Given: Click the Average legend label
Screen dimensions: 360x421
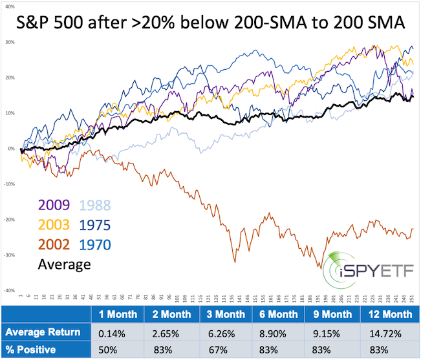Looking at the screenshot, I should (63, 264).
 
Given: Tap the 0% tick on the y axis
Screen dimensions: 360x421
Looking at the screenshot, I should (10, 149).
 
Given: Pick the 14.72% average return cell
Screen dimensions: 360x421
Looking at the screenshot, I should (386, 333).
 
